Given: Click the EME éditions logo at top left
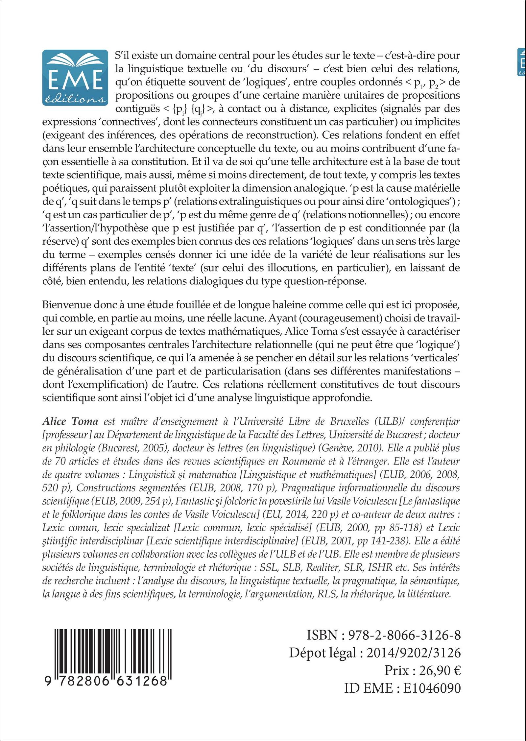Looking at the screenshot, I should click(x=75, y=78).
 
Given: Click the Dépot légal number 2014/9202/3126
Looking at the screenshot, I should click(x=413, y=653).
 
